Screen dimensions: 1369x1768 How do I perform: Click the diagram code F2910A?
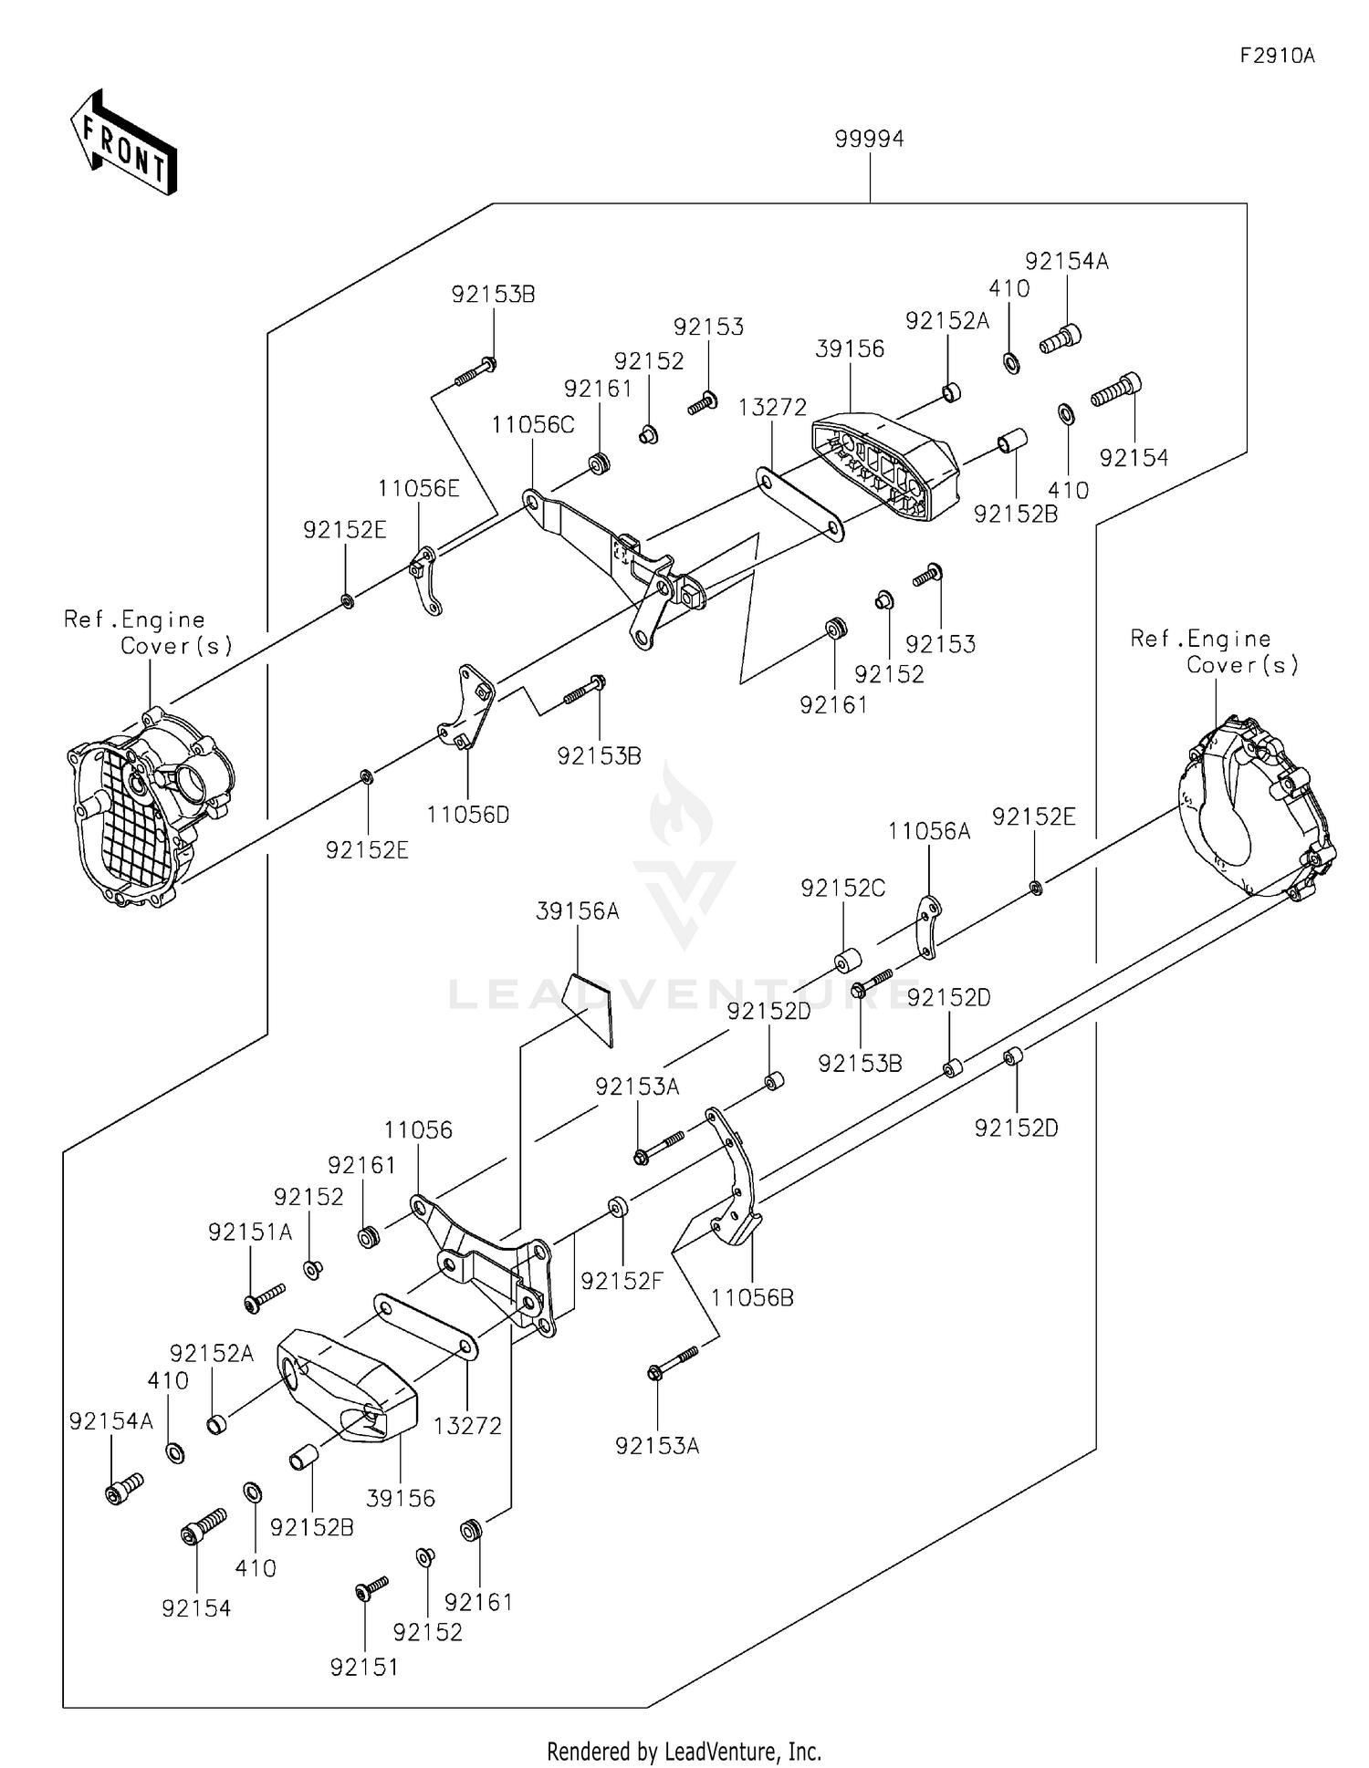pyautogui.click(x=1277, y=56)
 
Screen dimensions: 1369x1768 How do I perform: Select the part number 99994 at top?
pyautogui.click(x=869, y=139)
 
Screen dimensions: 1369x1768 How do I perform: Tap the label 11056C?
pyautogui.click(x=533, y=424)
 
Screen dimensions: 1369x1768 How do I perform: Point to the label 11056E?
pyautogui.click(x=419, y=488)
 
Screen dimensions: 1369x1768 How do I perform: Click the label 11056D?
pyautogui.click(x=468, y=815)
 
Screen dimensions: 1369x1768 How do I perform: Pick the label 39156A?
pyautogui.click(x=578, y=910)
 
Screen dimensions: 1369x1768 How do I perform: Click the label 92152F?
pyautogui.click(x=622, y=1281)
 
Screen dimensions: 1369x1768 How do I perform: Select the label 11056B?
pyautogui.click(x=752, y=1297)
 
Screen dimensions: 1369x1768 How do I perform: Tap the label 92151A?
pyautogui.click(x=250, y=1232)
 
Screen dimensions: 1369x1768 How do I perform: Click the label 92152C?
pyautogui.click(x=842, y=888)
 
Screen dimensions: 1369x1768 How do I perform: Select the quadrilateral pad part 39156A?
pyautogui.click(x=588, y=1009)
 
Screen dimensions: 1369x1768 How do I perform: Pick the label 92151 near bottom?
pyautogui.click(x=364, y=1667)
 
